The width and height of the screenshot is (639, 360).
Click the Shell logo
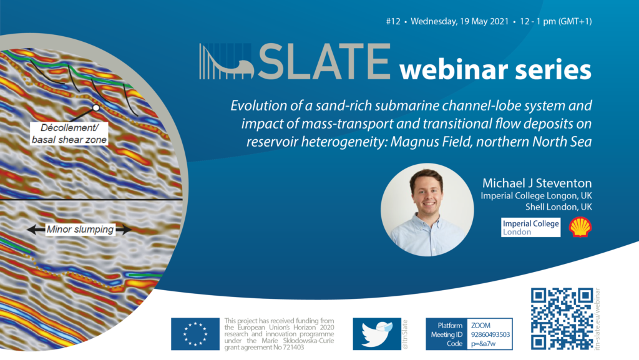[580, 227]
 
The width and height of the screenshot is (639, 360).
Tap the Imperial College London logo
[530, 227]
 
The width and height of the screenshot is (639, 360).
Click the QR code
[562, 318]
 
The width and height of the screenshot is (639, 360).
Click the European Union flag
[195, 334]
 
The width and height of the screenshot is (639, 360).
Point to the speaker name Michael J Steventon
[537, 183]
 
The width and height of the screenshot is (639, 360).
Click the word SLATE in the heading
[324, 62]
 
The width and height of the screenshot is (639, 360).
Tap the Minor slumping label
[80, 229]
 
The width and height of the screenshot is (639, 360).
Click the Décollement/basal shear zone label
[69, 134]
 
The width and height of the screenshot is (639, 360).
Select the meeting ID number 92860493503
[490, 334]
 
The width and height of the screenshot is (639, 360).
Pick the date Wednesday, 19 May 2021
[460, 21]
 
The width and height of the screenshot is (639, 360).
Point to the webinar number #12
[393, 21]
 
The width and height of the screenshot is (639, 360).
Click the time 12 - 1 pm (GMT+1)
[556, 21]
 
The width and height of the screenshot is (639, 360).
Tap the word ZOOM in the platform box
[481, 326]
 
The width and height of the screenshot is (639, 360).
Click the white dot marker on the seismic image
[95, 108]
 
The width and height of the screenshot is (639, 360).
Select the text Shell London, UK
[559, 207]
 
